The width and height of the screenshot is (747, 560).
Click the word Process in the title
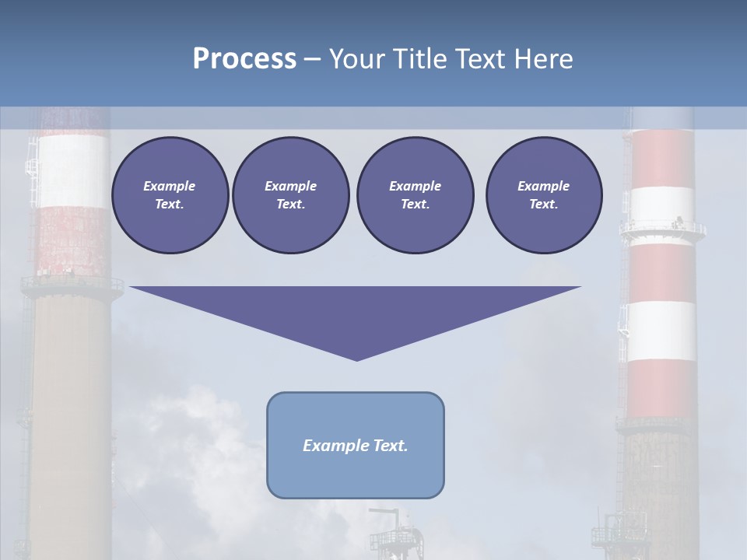tap(244, 59)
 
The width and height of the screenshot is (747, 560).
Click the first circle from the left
tap(170, 195)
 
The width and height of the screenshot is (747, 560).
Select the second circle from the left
tap(291, 195)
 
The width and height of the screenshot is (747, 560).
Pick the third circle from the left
tap(415, 195)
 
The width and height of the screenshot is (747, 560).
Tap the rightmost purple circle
tap(544, 195)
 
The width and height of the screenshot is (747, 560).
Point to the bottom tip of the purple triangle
tap(356, 359)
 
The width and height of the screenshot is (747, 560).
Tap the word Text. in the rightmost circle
tap(544, 205)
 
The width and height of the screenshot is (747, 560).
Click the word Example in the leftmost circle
tap(170, 186)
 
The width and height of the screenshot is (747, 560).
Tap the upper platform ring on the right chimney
tap(662, 229)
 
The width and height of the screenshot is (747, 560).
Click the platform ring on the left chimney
tap(72, 284)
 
